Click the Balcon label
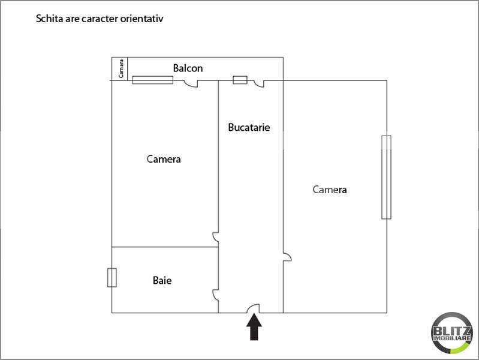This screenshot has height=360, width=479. (x=188, y=68)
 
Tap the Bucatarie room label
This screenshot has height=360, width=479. (x=249, y=127)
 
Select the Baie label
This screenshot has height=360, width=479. (x=162, y=280)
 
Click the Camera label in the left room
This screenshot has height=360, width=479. (x=164, y=159)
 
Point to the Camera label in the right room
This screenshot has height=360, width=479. (x=329, y=190)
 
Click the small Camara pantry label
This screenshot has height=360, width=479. (x=121, y=68)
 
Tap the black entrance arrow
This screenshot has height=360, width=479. (x=254, y=327)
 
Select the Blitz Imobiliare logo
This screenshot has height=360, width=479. (x=451, y=333)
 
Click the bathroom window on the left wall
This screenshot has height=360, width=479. (x=112, y=278)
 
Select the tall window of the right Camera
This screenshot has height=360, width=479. (x=386, y=177)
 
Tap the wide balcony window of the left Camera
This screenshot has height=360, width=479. (x=153, y=80)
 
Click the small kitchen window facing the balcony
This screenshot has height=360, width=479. (x=240, y=80)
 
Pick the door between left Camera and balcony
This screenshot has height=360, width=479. (x=191, y=83)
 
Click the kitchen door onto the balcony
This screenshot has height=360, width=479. (x=259, y=83)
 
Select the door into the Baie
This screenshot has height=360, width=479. (x=215, y=295)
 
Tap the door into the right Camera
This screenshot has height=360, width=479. (x=288, y=257)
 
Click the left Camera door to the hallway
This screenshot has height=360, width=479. (x=215, y=238)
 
